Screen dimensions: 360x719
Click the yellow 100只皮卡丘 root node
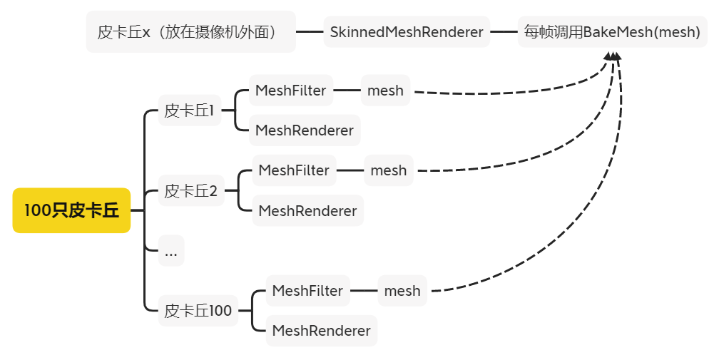[71, 210]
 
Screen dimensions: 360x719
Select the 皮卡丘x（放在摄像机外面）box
[190, 31]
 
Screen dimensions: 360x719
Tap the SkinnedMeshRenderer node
[407, 32]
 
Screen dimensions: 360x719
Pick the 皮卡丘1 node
[189, 110]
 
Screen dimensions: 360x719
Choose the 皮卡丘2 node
[190, 191]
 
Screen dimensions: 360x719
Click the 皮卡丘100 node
[198, 311]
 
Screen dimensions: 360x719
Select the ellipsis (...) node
[171, 251]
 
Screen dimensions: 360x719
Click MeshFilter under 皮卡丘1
[290, 91]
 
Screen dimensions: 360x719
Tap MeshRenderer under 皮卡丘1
[304, 130]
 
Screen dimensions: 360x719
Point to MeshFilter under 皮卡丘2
[294, 170]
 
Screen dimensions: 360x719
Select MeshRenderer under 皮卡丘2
[307, 211]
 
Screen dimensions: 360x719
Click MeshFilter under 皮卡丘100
[307, 291]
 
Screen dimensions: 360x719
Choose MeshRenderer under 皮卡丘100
[321, 331]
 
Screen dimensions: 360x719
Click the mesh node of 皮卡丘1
[385, 91]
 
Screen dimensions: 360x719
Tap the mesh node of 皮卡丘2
[389, 170]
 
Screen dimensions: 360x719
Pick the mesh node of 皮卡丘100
[402, 291]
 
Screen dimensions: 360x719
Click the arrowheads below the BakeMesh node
[613, 56]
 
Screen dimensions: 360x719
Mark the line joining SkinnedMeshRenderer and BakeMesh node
[504, 32]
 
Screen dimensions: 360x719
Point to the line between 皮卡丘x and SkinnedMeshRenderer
[310, 32]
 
